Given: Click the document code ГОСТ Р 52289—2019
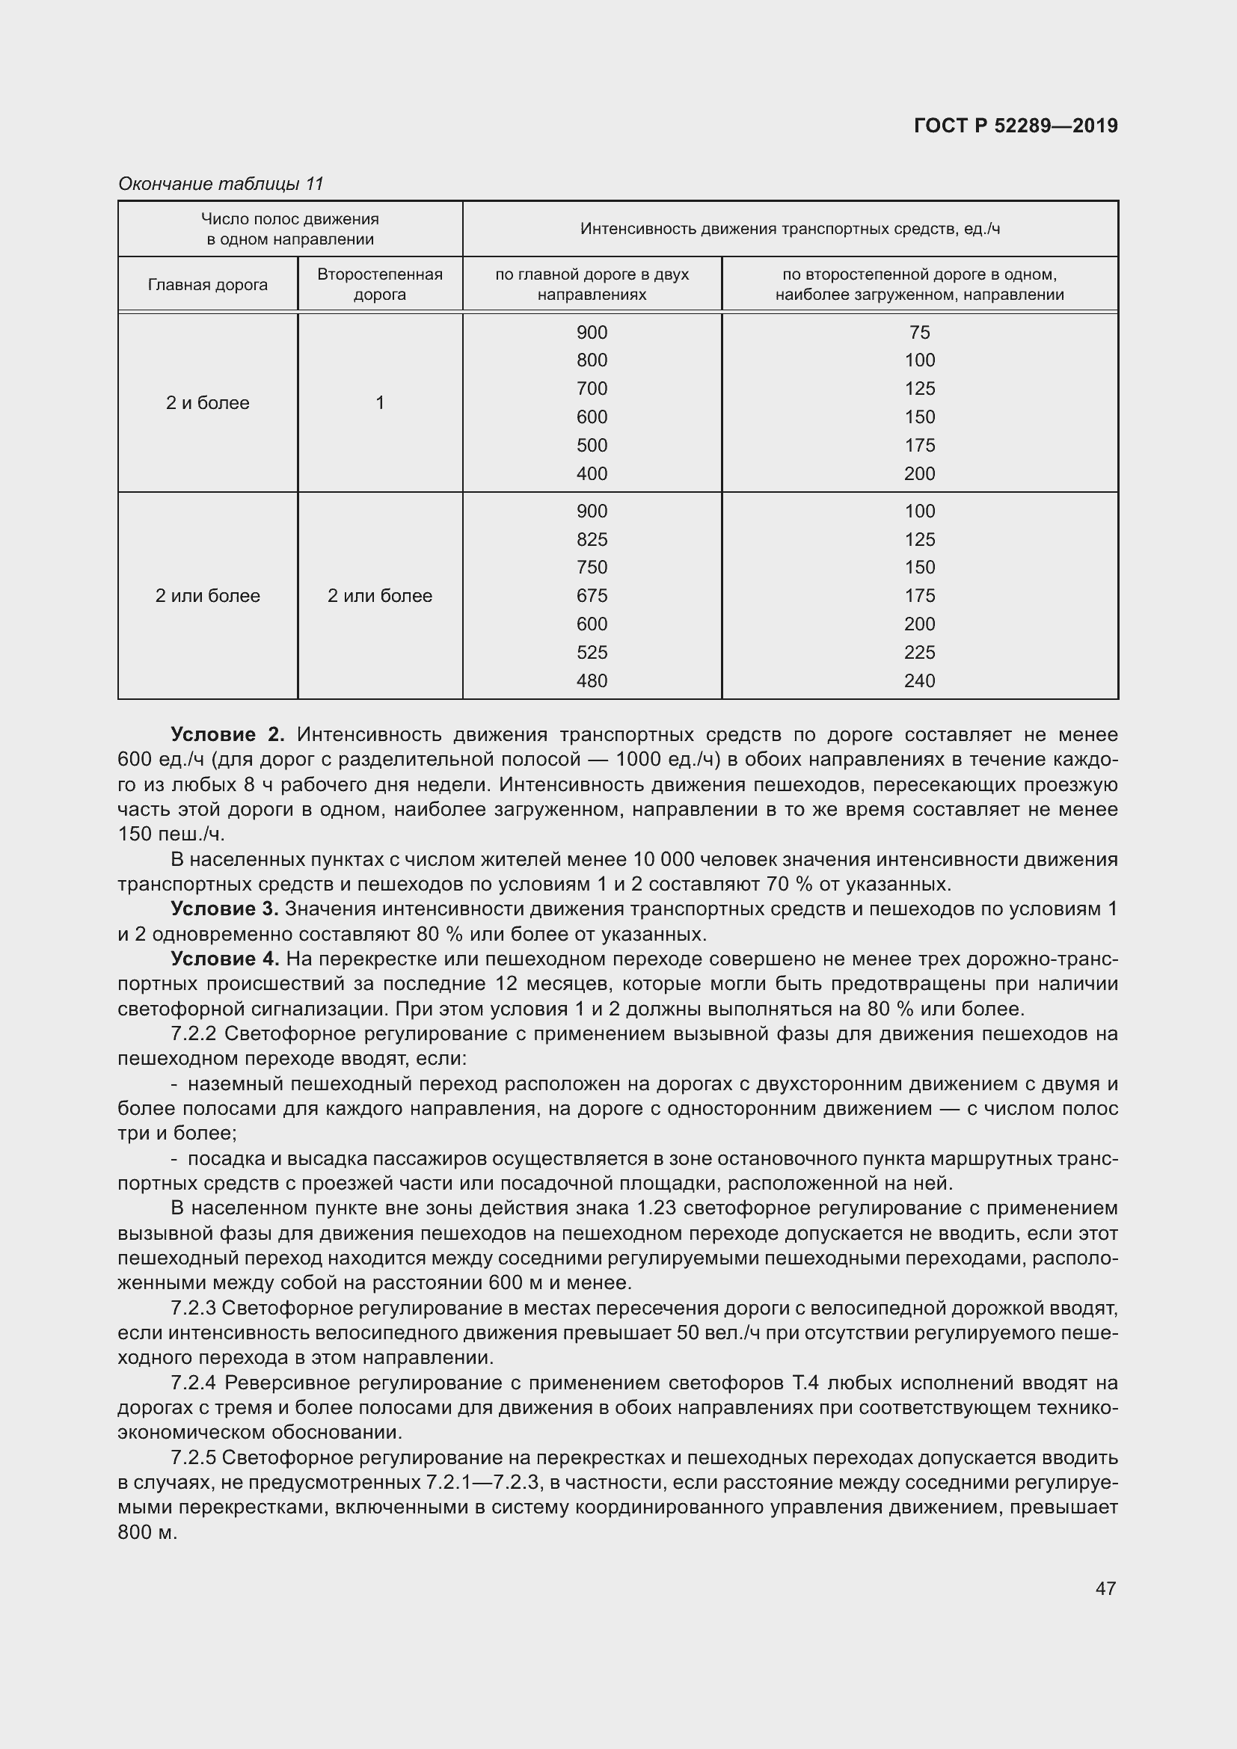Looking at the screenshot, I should (x=1016, y=126).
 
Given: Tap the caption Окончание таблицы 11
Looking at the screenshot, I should (x=221, y=184).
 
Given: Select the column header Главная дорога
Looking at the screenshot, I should (x=207, y=285).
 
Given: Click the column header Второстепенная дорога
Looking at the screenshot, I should (x=379, y=284).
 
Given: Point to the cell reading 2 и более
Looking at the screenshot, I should (x=207, y=403).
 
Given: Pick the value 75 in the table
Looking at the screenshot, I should (x=919, y=332).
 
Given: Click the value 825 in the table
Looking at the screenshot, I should (x=592, y=539).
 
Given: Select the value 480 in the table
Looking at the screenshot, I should (x=592, y=681).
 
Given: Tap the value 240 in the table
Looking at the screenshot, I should (x=919, y=681).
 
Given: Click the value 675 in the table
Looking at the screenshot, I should (x=592, y=596).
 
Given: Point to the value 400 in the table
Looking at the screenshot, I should (x=592, y=474).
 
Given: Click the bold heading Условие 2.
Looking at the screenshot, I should (x=227, y=734).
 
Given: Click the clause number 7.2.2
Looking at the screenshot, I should (x=194, y=1033).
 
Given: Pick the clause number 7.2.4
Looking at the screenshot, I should (x=194, y=1383).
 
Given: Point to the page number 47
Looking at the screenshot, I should (x=1105, y=1588).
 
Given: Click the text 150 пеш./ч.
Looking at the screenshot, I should (x=171, y=834).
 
